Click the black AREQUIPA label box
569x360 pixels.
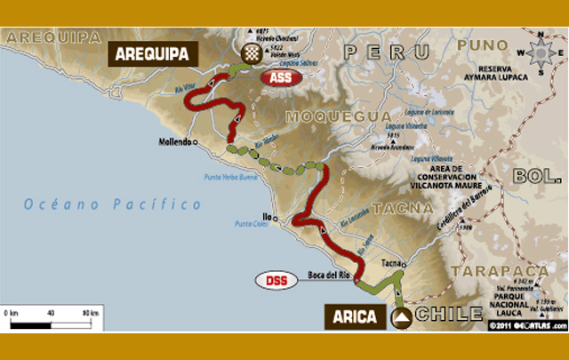(x=151, y=54)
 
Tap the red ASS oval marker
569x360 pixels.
(x=280, y=78)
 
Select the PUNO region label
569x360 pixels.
(x=484, y=44)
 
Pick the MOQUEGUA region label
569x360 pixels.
(x=338, y=116)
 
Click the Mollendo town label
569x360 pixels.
(x=174, y=142)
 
